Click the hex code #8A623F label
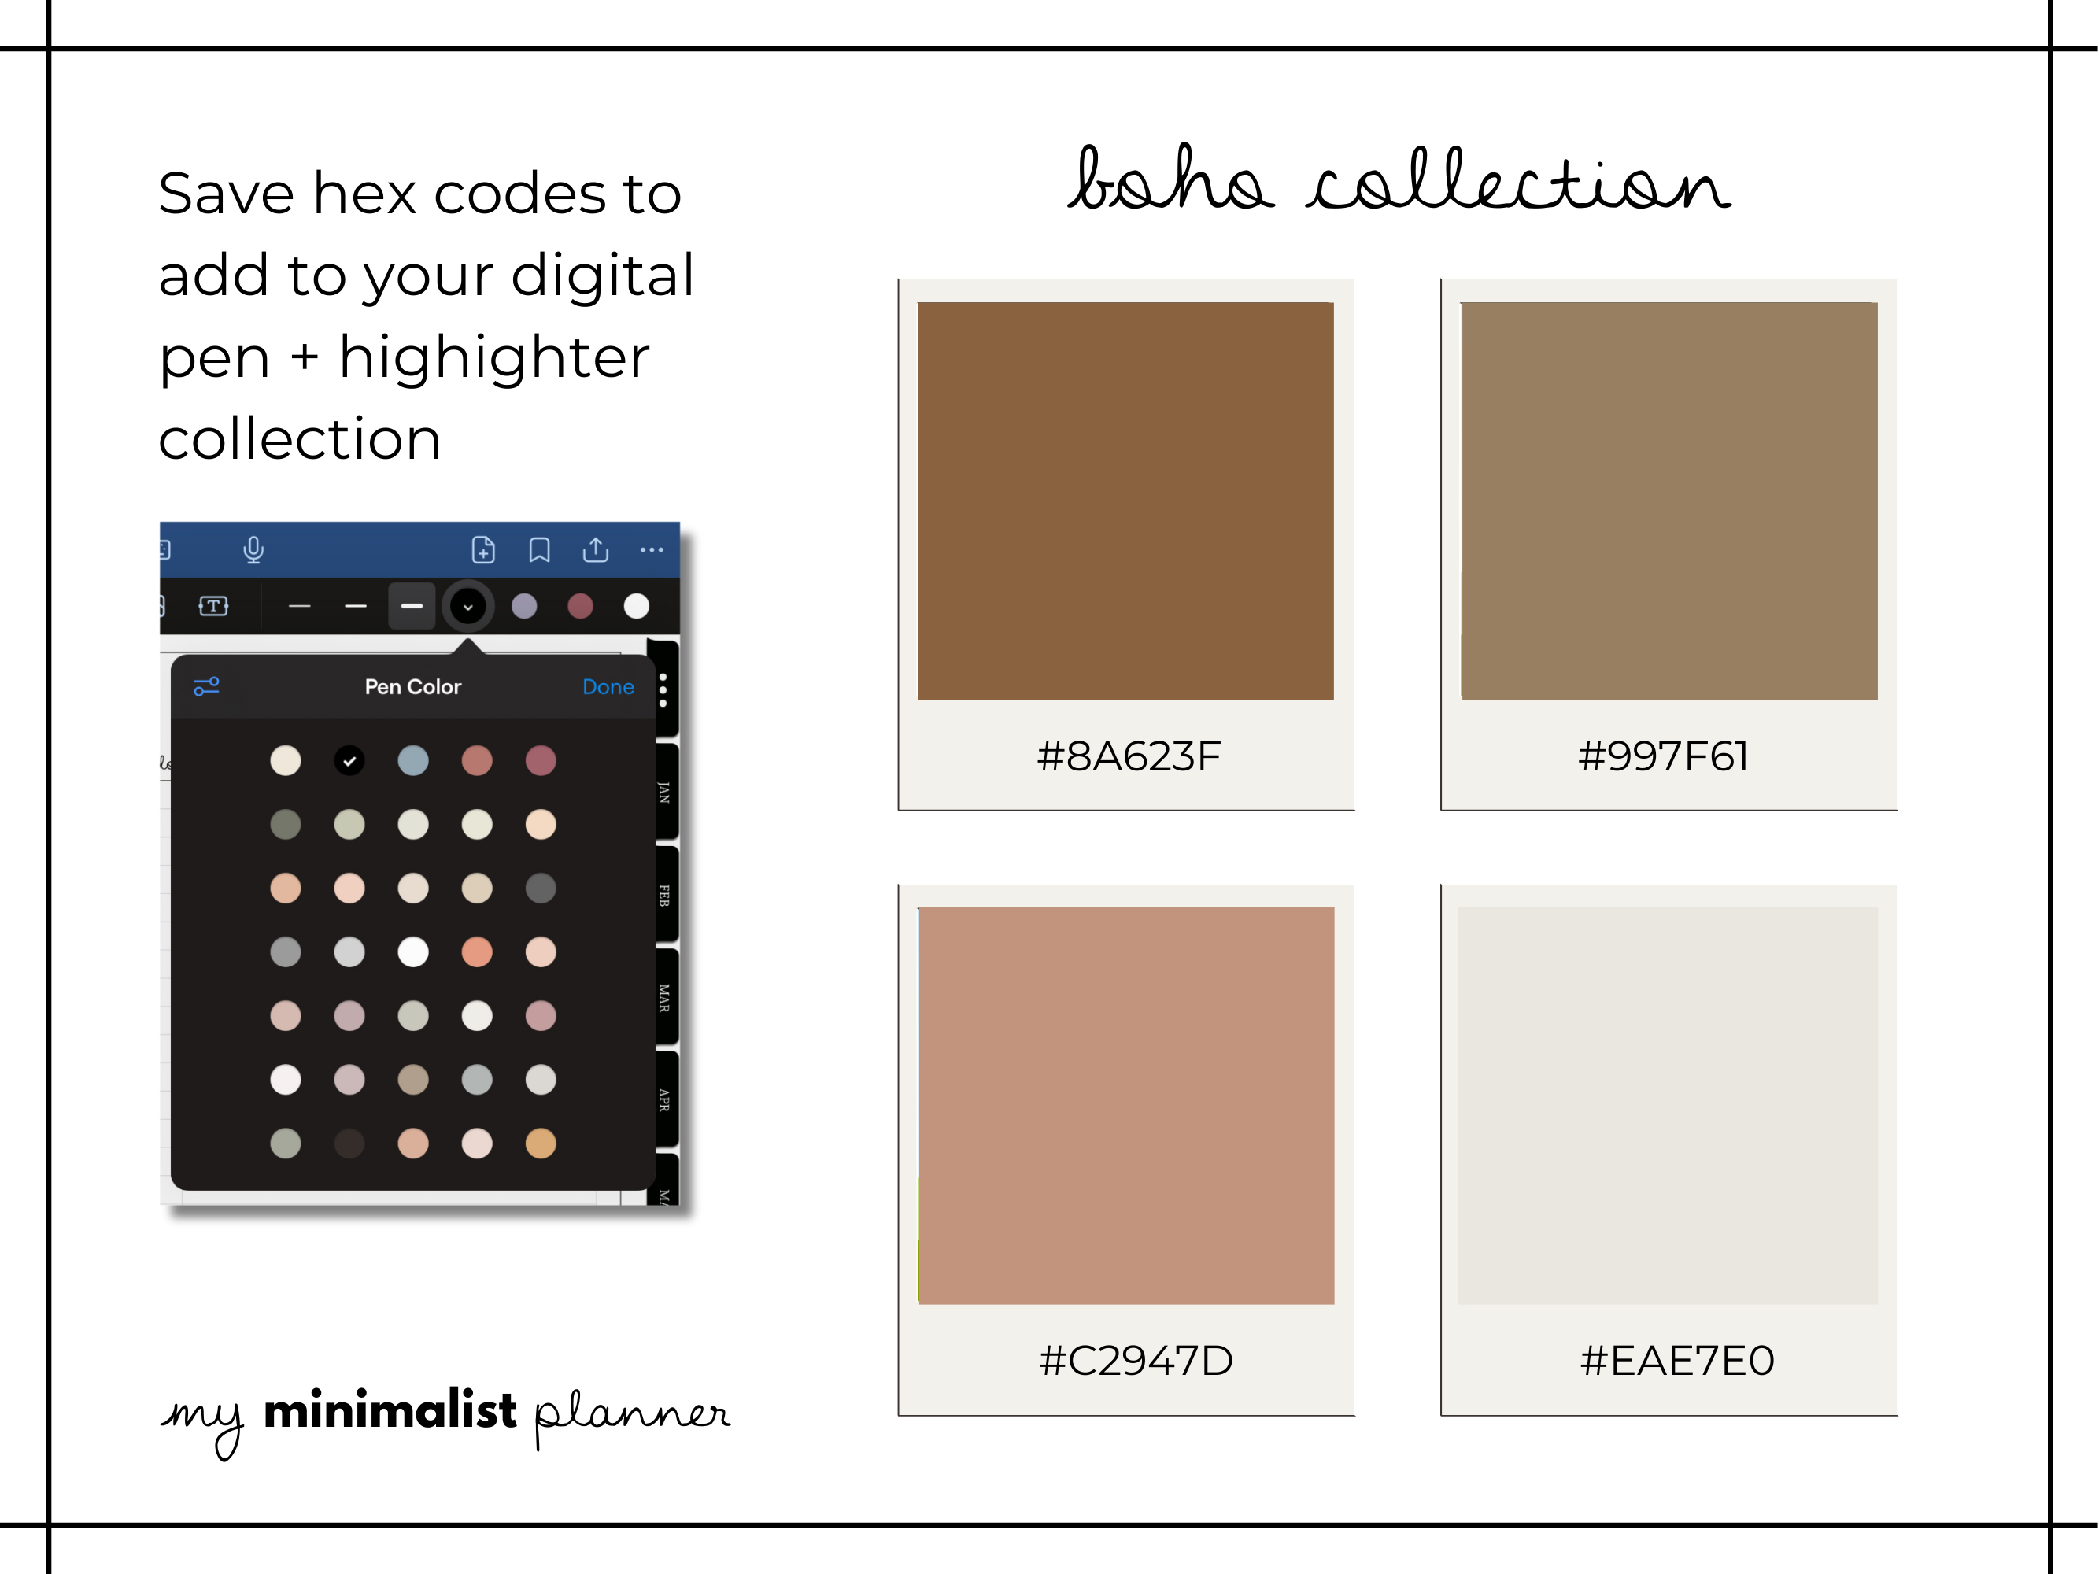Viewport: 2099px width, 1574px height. point(1129,756)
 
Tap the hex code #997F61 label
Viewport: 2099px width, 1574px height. point(1662,756)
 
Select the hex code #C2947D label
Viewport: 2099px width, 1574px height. point(1136,1361)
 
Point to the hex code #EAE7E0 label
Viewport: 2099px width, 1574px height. point(1676,1361)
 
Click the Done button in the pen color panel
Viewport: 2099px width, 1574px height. point(608,687)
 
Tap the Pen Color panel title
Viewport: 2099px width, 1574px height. point(412,687)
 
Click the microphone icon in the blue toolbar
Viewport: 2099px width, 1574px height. point(253,550)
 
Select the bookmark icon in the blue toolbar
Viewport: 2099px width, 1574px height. point(540,550)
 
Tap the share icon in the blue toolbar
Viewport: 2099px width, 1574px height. point(596,549)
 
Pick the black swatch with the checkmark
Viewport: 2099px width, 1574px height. point(349,760)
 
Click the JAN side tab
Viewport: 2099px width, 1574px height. point(664,793)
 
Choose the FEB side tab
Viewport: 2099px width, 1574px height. point(664,895)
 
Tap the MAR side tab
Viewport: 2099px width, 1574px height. point(664,997)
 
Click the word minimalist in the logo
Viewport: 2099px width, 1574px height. point(390,1410)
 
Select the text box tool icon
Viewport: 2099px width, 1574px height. point(213,606)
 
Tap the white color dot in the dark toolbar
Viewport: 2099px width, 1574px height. point(637,606)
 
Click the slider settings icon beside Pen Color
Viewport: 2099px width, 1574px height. point(207,686)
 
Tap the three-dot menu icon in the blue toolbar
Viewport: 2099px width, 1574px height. point(652,549)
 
